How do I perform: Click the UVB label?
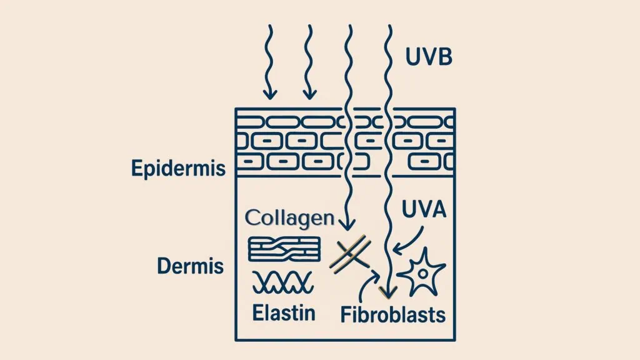(429, 57)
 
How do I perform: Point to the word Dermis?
(191, 266)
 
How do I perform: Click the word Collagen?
(290, 218)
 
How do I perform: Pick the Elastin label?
(284, 313)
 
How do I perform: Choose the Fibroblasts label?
(393, 315)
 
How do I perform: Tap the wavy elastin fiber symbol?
(283, 282)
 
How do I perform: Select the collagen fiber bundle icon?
(284, 249)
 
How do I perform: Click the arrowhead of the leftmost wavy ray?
(269, 94)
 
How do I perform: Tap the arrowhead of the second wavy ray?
(309, 94)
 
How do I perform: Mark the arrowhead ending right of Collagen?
(347, 225)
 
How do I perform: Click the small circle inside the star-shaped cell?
(423, 273)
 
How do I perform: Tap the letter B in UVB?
(445, 57)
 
